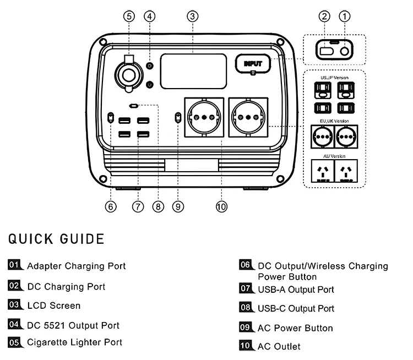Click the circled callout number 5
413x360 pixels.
(x=129, y=16)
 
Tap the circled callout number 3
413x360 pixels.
(x=192, y=16)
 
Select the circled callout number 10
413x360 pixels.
(x=221, y=206)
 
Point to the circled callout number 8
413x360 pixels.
(x=159, y=206)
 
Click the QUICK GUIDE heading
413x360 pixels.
(x=56, y=239)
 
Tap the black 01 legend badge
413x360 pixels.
(x=15, y=265)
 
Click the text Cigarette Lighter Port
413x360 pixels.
(x=74, y=342)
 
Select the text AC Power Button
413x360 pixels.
(x=295, y=328)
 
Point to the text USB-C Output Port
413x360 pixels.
(x=296, y=309)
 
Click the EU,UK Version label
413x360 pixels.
(x=334, y=120)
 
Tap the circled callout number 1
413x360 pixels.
(x=345, y=16)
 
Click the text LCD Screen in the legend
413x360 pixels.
(x=53, y=306)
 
